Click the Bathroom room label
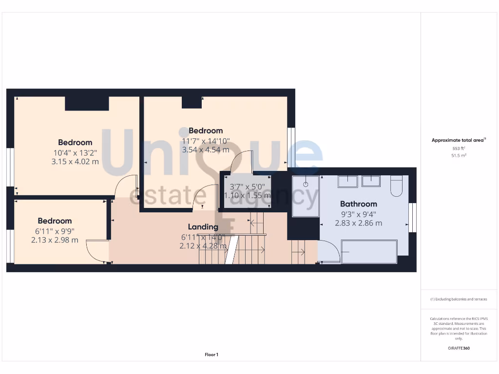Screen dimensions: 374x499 click(358, 204)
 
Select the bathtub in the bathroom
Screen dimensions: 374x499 click(369, 251)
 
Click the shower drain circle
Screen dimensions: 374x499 click(306, 185)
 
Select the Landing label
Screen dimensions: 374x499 click(203, 227)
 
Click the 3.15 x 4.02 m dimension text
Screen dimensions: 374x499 click(75, 161)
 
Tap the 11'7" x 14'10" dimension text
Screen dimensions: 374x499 click(206, 141)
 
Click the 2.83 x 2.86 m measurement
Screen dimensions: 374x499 click(358, 223)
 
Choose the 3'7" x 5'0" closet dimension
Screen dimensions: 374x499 click(247, 186)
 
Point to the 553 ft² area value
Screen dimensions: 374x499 click(459, 148)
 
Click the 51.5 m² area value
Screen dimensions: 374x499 click(459, 155)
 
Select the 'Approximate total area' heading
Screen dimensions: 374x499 click(458, 140)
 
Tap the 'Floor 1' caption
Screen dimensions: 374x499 click(211, 355)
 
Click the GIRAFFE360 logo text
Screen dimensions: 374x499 click(459, 348)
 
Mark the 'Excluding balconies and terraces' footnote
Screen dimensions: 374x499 click(459, 299)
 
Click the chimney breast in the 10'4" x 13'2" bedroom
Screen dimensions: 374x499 click(87, 103)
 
